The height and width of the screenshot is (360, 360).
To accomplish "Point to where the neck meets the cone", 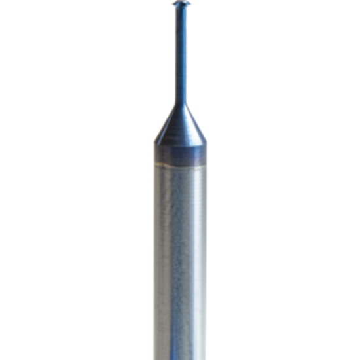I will [x=180, y=105].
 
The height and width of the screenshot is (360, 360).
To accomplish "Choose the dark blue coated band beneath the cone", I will [x=180, y=153].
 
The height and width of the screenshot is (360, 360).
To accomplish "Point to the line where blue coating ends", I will [x=180, y=164].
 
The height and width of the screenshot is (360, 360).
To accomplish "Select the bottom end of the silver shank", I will [x=180, y=357].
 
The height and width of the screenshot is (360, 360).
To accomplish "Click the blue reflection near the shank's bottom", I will [x=196, y=340].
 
